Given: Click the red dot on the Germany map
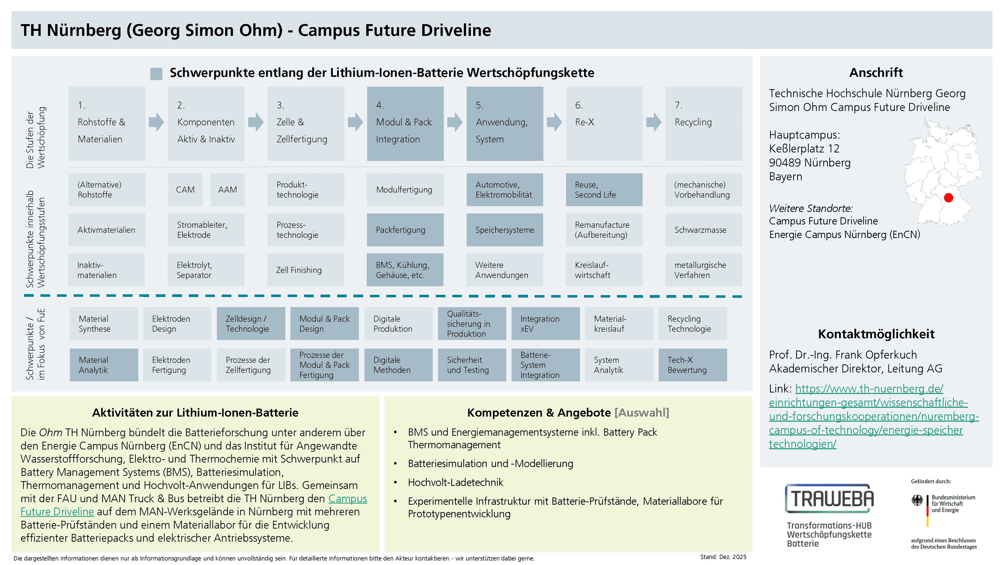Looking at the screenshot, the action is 949,198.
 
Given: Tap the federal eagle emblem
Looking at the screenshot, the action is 917,500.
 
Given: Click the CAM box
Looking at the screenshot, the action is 185,189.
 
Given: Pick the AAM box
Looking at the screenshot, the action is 228,189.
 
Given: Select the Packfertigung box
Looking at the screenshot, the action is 405,230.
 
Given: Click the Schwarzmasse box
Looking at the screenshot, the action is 704,230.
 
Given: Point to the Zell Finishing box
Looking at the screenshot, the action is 306,270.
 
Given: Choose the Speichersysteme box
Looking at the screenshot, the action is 505,230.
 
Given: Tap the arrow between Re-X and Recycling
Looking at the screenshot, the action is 654,122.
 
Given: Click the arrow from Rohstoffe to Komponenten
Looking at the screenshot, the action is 156,122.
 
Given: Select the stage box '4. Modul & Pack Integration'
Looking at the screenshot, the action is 405,124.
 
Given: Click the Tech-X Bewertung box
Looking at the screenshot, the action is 693,365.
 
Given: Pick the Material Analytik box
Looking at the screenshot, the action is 104,365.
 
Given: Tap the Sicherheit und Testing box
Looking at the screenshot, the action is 472,365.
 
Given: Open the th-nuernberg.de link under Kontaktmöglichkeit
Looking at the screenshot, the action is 874,416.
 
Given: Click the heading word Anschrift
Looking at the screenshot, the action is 876,72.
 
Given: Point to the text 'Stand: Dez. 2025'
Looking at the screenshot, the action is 723,557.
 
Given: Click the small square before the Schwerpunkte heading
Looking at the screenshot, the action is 156,74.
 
